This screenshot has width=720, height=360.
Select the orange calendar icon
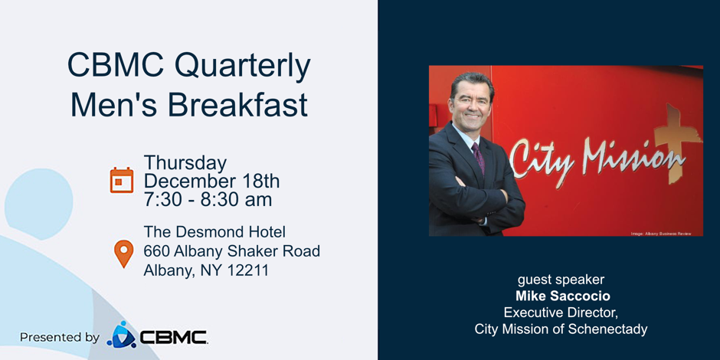[122, 180]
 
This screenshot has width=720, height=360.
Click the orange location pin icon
[123, 254]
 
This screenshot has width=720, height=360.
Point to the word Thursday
[185, 162]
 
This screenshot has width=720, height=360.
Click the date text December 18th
[211, 182]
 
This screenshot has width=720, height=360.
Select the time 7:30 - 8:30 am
[208, 200]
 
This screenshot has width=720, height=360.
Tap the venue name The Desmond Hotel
[214, 231]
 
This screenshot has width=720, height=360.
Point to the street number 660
[156, 251]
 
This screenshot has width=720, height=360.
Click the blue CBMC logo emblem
[121, 335]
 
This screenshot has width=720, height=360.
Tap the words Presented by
[59, 337]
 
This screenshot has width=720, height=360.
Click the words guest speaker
[561, 280]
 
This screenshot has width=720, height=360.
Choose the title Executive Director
[560, 313]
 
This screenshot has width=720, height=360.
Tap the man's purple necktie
[479, 157]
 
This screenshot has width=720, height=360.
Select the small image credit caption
[661, 233]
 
